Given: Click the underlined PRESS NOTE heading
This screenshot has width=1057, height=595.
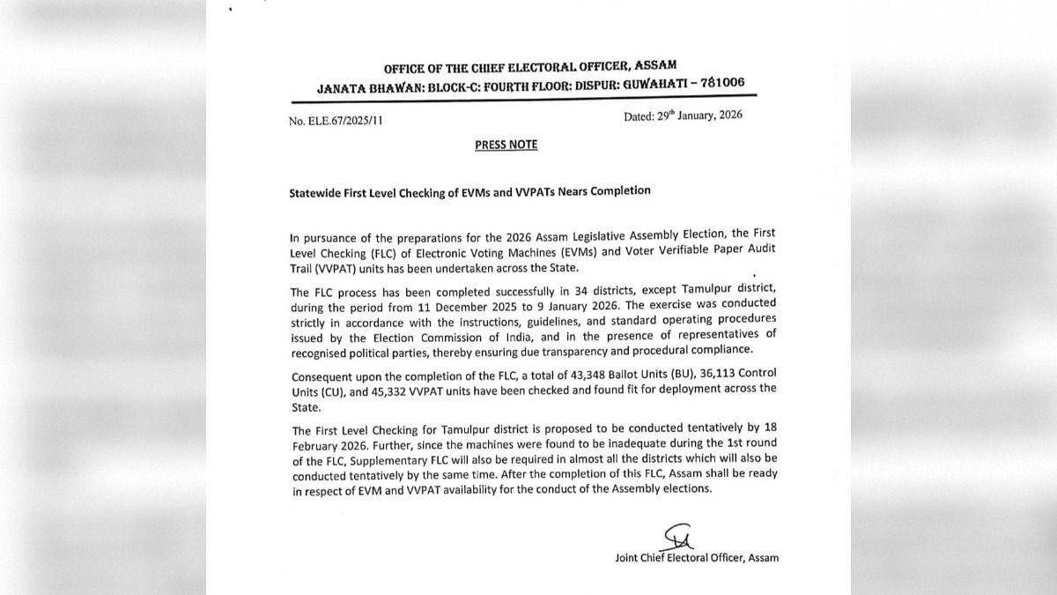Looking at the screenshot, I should [x=506, y=145].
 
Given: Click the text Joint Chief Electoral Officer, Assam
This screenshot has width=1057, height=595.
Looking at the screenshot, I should [x=697, y=557].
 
